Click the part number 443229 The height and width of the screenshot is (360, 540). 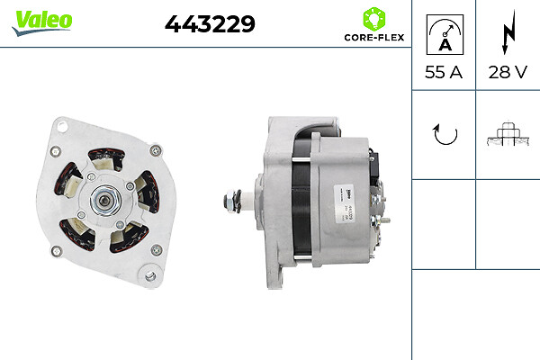pyautogui.click(x=210, y=24)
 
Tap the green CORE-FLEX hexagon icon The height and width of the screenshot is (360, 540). pyautogui.click(x=373, y=18)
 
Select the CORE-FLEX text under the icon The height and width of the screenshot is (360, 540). pyautogui.click(x=373, y=39)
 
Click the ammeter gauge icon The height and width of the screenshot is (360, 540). pyautogui.click(x=443, y=34)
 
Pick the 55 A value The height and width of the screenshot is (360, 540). pyautogui.click(x=443, y=73)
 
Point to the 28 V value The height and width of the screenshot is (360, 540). pyautogui.click(x=507, y=73)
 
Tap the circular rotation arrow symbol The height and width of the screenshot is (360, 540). pyautogui.click(x=444, y=134)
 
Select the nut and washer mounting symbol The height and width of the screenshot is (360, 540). pyautogui.click(x=507, y=134)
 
